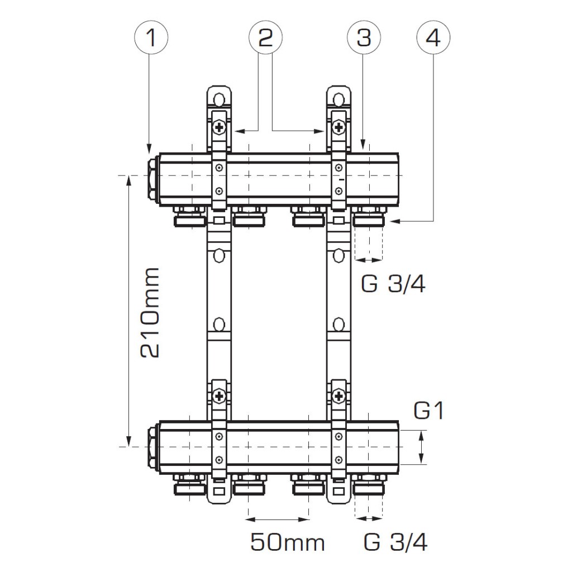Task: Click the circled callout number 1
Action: point(151,37)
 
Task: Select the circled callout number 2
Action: point(265,37)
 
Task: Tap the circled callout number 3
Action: point(364,37)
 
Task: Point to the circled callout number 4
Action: point(433,37)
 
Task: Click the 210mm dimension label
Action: point(150,313)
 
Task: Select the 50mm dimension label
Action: point(288,542)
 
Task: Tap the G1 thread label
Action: point(429,411)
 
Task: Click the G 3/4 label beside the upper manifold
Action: point(393,283)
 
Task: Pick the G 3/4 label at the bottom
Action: point(395,542)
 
